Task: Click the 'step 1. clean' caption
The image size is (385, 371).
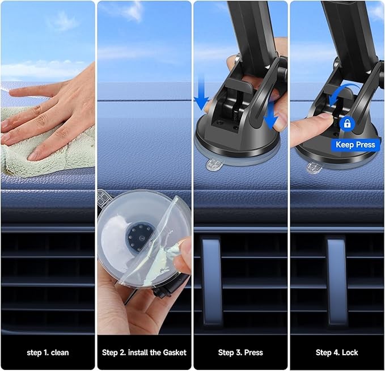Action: [48, 353]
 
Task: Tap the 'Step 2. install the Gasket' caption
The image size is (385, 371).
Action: [144, 353]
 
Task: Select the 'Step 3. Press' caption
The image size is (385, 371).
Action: [240, 353]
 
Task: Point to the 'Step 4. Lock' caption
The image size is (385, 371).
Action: [337, 353]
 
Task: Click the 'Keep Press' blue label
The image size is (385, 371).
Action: [356, 145]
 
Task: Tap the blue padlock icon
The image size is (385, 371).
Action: [347, 124]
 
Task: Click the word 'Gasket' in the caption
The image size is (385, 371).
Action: [175, 353]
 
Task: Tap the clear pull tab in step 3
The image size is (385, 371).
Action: [214, 165]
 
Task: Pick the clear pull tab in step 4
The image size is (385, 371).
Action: [314, 167]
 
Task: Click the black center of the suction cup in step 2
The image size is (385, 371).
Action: [139, 237]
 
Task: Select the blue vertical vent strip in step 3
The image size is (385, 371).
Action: [211, 280]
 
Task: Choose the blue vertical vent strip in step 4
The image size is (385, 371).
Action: [337, 280]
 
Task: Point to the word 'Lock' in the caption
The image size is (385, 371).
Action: [350, 353]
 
